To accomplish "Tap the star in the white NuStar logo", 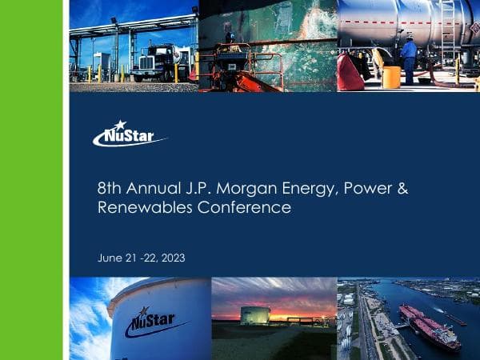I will tap(120, 125).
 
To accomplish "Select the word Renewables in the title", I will tap(135, 208).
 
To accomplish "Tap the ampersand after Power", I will tap(403, 190).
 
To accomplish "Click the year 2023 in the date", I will tap(171, 258).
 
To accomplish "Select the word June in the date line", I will tap(109, 258).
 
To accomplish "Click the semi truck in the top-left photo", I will tap(159, 62).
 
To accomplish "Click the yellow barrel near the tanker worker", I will tap(391, 77).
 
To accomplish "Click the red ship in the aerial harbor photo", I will tap(429, 326).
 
